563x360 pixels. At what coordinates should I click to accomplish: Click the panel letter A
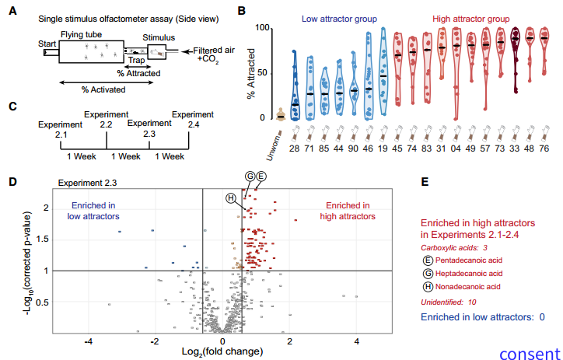12,12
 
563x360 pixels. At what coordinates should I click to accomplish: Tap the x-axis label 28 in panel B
294,148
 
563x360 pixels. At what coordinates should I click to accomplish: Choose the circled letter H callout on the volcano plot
230,197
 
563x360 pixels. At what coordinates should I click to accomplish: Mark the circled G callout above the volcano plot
250,177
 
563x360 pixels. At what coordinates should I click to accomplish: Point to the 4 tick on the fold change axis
357,340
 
